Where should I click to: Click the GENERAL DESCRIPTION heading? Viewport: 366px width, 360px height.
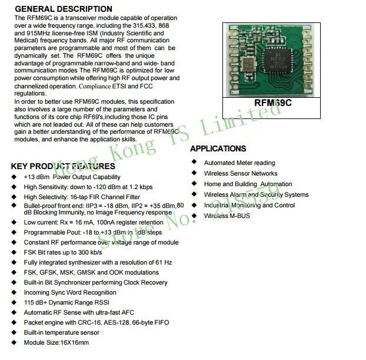point(63,9)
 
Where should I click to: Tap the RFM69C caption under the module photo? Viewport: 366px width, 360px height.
point(272,103)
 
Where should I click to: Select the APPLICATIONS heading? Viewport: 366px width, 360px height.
point(218,148)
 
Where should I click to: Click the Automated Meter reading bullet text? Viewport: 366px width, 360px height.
point(239,163)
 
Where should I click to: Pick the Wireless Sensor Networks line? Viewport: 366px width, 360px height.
point(240,174)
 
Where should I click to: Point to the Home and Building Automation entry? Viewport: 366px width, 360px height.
point(248,184)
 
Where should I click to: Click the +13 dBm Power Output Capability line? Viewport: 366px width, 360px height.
point(72,177)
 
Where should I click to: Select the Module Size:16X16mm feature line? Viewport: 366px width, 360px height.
point(56,343)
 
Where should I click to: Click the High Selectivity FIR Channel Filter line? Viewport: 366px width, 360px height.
point(82,197)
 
